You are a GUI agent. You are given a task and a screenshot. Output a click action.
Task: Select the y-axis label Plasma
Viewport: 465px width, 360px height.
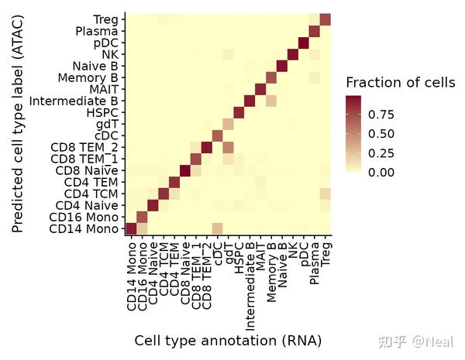pos(97,31)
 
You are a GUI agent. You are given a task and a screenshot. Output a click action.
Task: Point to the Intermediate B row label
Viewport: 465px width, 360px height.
pos(74,101)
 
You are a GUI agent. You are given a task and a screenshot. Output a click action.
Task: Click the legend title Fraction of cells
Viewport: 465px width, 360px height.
pos(400,83)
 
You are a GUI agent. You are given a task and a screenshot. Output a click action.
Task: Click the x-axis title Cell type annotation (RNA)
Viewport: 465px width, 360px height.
pos(228,341)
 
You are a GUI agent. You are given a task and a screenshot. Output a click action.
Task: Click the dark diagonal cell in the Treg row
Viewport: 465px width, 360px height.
pos(325,19)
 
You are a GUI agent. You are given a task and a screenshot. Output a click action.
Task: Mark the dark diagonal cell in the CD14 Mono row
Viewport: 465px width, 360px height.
pos(131,228)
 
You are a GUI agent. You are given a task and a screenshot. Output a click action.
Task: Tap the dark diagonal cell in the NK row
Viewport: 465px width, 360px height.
pos(292,54)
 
